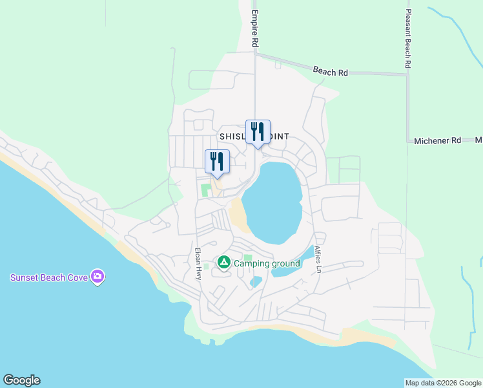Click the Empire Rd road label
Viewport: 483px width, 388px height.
[x=255, y=28]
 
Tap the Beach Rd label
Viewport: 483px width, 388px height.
[x=330, y=72]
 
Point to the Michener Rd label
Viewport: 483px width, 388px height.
[x=438, y=140]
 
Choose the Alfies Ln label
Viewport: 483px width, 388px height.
[x=317, y=259]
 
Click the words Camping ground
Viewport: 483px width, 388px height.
[x=267, y=263]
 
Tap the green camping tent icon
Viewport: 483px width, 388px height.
[x=223, y=263]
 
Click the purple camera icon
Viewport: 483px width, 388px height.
[x=98, y=277]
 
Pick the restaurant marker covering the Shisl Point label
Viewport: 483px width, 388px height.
[x=258, y=132]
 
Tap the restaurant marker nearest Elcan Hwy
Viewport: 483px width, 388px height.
[x=217, y=162]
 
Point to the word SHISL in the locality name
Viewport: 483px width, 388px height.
[x=232, y=136]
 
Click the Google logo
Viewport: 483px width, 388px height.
[x=21, y=380]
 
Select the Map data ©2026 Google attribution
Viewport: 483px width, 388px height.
[x=443, y=383]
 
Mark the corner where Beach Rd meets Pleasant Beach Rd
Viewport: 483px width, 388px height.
[x=408, y=75]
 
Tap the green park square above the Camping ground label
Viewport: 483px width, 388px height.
[x=248, y=259]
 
